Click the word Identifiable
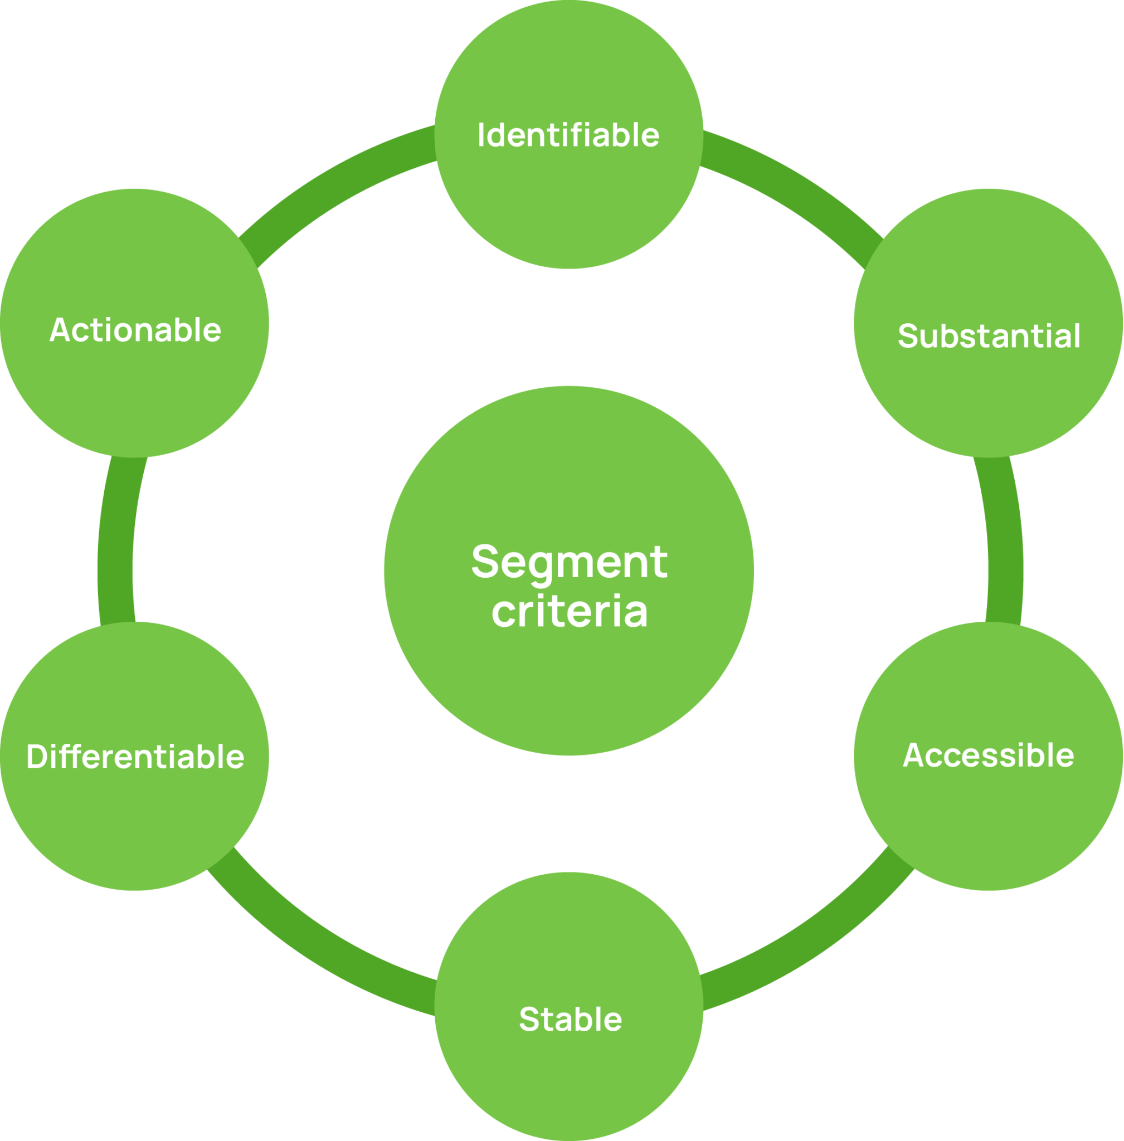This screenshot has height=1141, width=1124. (x=568, y=135)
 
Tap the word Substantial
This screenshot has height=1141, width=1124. (x=989, y=336)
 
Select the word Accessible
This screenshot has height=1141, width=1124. (x=988, y=755)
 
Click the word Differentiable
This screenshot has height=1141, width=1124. (x=135, y=756)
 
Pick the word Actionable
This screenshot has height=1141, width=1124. (x=135, y=329)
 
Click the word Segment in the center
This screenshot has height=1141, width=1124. (x=569, y=563)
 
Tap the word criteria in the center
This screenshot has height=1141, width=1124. (x=569, y=611)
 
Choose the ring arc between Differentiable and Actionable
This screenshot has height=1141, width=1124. (x=116, y=540)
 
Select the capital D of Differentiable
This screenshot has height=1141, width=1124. (x=37, y=756)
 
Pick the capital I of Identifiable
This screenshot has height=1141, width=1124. (x=481, y=135)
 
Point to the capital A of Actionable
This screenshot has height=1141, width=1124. (x=60, y=329)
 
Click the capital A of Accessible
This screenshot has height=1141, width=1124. (x=913, y=755)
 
